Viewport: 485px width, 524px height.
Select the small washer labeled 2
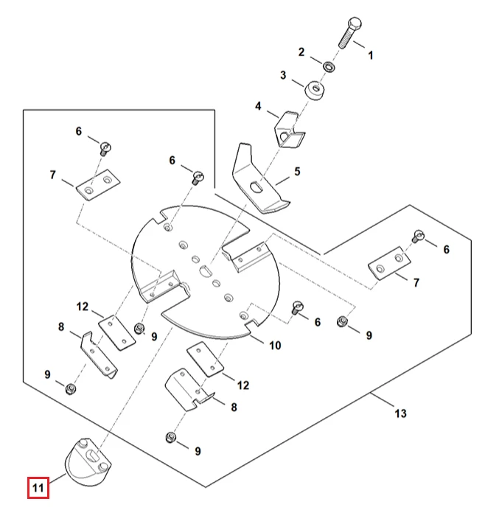click(x=329, y=66)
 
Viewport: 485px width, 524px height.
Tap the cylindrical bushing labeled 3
click(x=315, y=90)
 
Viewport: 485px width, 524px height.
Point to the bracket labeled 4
click(x=289, y=130)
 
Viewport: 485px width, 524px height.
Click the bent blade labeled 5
click(x=257, y=182)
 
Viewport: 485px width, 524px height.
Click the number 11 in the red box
click(x=38, y=488)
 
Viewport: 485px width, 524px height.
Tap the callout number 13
click(x=400, y=413)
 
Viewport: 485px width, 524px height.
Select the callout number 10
click(x=275, y=345)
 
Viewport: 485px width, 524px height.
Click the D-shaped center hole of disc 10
click(x=204, y=270)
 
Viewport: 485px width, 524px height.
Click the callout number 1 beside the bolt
click(x=370, y=55)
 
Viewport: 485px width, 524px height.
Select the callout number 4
click(x=258, y=106)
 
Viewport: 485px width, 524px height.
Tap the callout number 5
click(x=297, y=172)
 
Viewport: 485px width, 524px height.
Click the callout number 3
click(x=283, y=75)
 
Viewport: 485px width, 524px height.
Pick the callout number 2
click(x=301, y=52)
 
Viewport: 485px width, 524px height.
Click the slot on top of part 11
click(x=91, y=455)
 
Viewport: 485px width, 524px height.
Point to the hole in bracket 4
click(x=284, y=136)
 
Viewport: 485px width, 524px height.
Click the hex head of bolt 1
click(x=355, y=24)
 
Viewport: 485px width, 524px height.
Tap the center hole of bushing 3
click(x=316, y=88)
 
